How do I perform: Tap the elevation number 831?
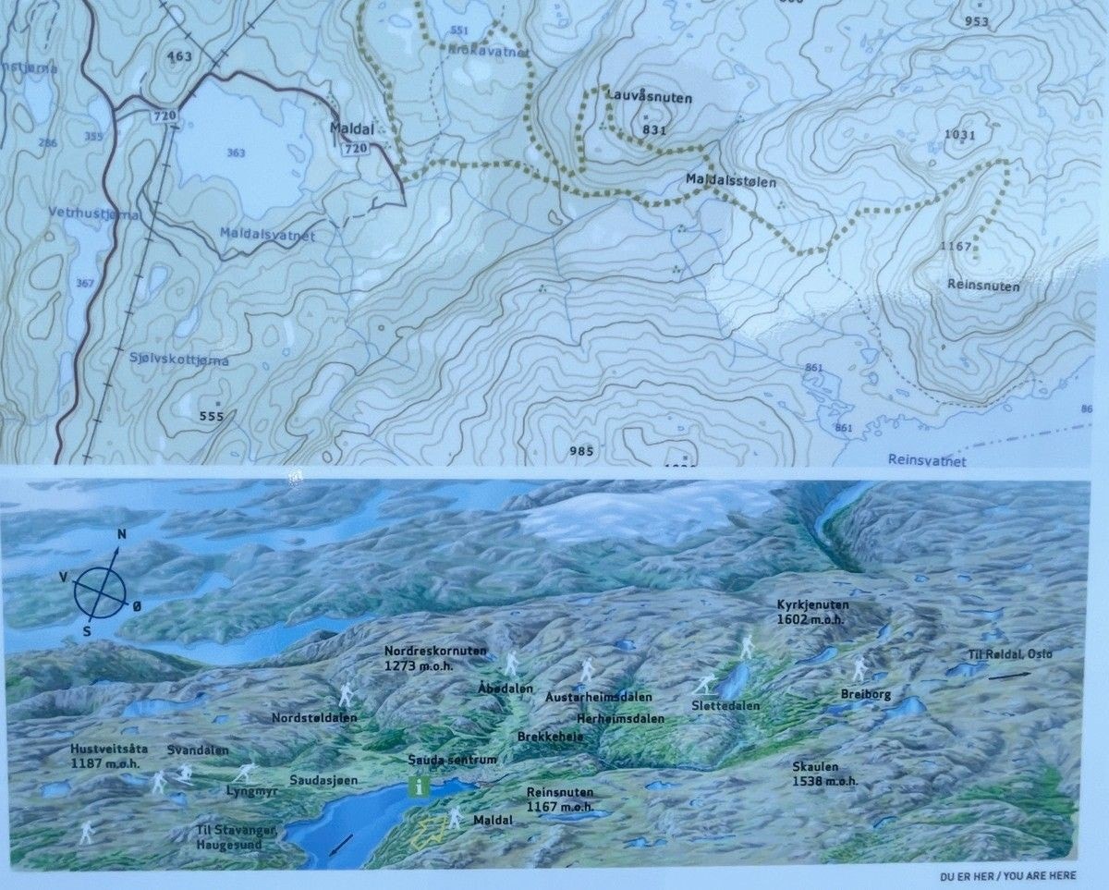tap(653, 130)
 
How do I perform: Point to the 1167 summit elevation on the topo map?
tap(956, 247)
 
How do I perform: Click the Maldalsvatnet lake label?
tap(268, 236)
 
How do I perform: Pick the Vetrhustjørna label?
tap(95, 214)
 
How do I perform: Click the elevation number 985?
tap(581, 451)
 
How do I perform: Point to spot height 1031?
tap(960, 135)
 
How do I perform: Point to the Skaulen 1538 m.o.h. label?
tap(824, 774)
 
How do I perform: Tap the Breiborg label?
tap(866, 694)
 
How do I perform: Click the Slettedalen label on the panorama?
tap(725, 705)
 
